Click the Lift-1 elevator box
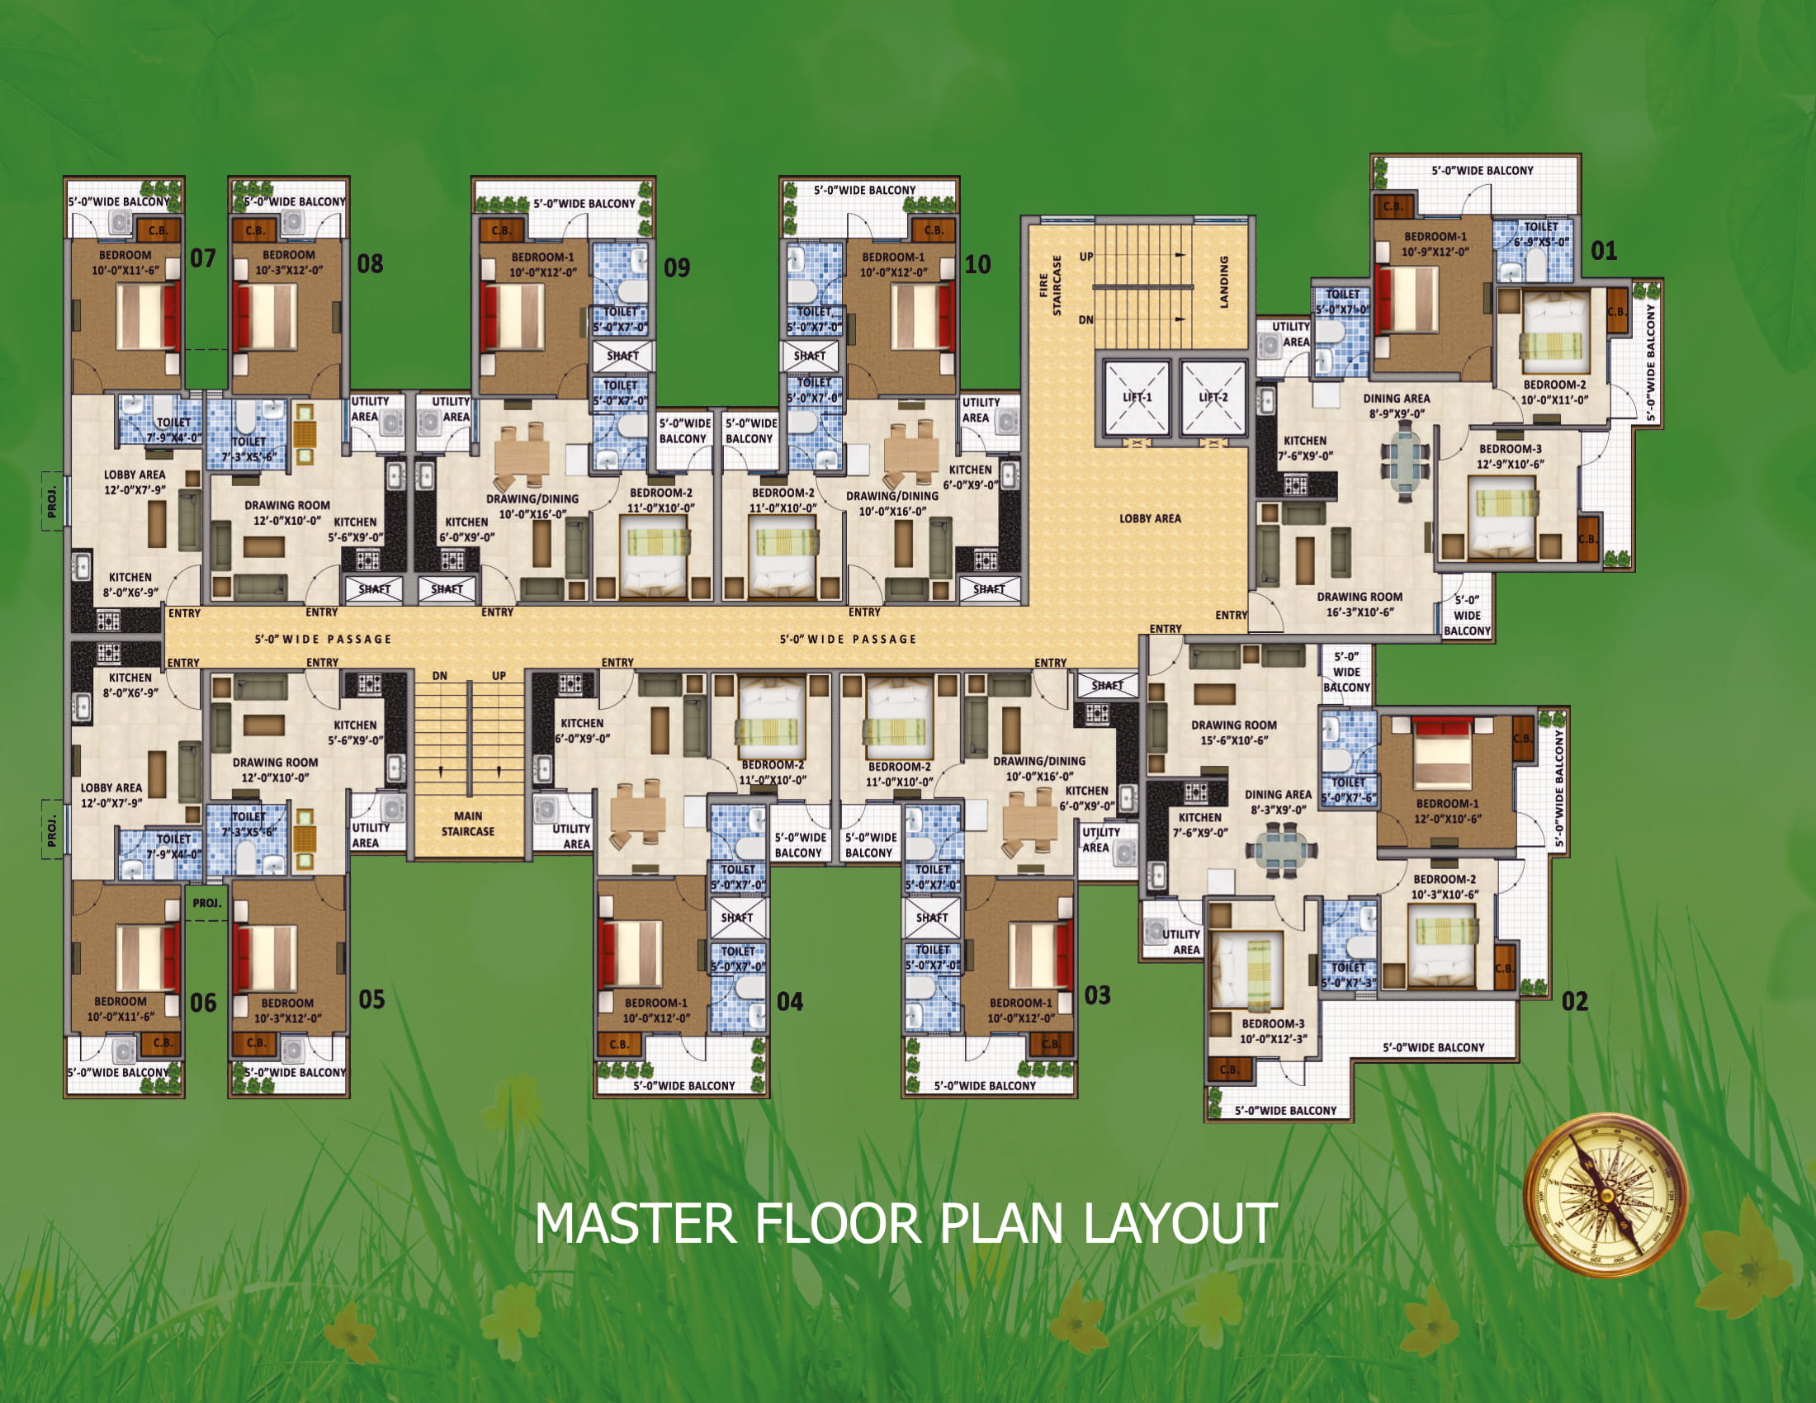[x=1137, y=397]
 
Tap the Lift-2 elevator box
[x=1213, y=397]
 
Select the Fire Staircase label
[x=1051, y=285]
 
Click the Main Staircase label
[x=468, y=824]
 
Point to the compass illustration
[x=1606, y=1195]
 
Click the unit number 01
[x=1604, y=250]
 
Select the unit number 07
[x=203, y=258]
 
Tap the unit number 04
[x=789, y=1002]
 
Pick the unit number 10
[x=977, y=265]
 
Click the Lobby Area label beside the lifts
[x=1150, y=518]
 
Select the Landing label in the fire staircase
[x=1224, y=281]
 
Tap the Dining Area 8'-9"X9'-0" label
[x=1397, y=405]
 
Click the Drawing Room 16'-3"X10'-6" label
[x=1360, y=604]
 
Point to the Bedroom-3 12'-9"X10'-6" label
[x=1510, y=456]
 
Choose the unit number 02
[x=1575, y=1001]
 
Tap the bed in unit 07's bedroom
[x=148, y=316]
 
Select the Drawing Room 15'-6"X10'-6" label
[x=1234, y=732]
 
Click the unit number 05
[x=371, y=999]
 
